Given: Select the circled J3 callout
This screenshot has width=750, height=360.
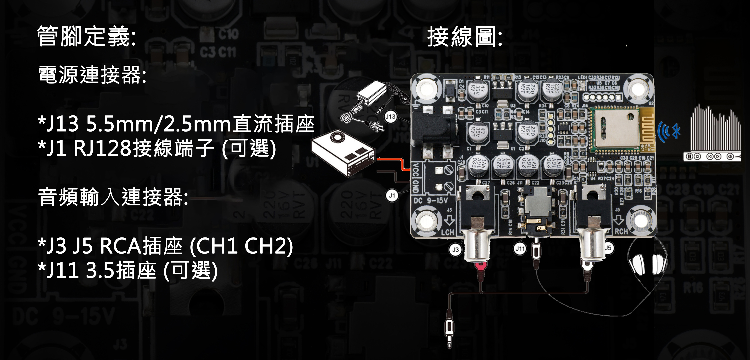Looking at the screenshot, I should [455, 249].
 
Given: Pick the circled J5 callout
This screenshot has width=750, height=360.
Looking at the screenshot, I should [608, 248].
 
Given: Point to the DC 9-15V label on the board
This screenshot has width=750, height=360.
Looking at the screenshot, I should [431, 200].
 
